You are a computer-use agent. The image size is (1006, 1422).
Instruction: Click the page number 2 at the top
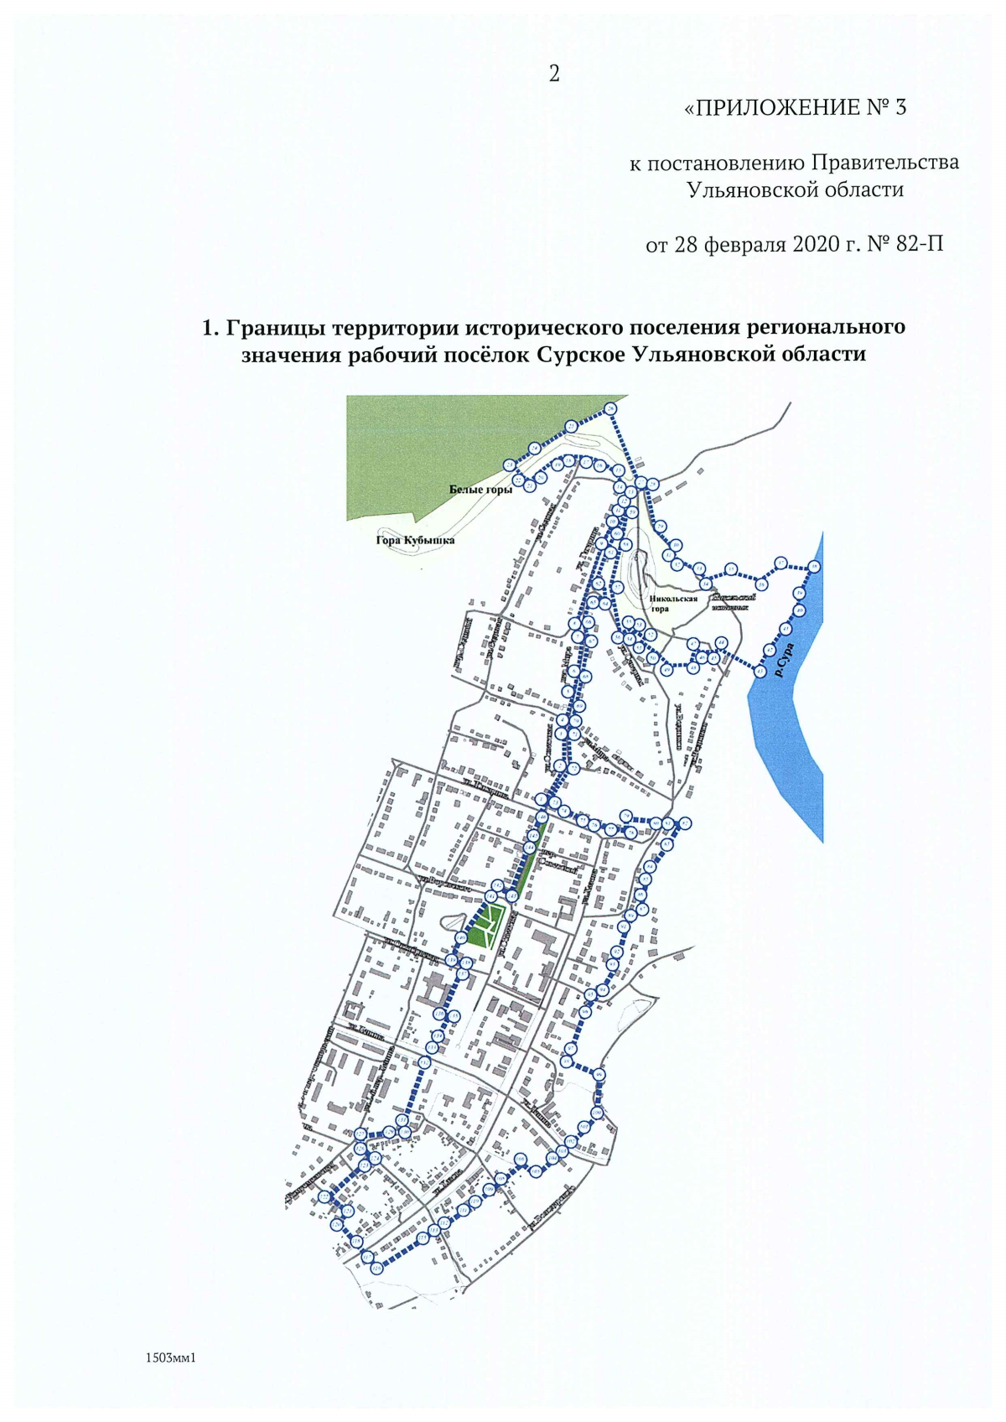554,74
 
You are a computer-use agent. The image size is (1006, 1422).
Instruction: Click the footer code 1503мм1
170,1357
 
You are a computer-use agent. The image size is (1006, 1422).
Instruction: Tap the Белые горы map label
480,490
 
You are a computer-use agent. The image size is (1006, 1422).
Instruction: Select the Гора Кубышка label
415,541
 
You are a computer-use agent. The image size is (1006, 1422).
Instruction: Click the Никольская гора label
672,604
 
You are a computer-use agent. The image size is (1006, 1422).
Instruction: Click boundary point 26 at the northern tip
610,409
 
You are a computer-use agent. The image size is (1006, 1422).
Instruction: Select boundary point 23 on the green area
509,465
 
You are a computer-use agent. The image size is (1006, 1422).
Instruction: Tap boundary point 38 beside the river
814,567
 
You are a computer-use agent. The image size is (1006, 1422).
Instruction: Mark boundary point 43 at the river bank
760,671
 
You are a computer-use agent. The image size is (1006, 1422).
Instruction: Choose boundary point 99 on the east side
599,1076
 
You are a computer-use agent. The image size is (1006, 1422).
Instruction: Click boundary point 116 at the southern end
377,1269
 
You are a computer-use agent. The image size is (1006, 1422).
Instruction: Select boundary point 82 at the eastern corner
686,823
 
